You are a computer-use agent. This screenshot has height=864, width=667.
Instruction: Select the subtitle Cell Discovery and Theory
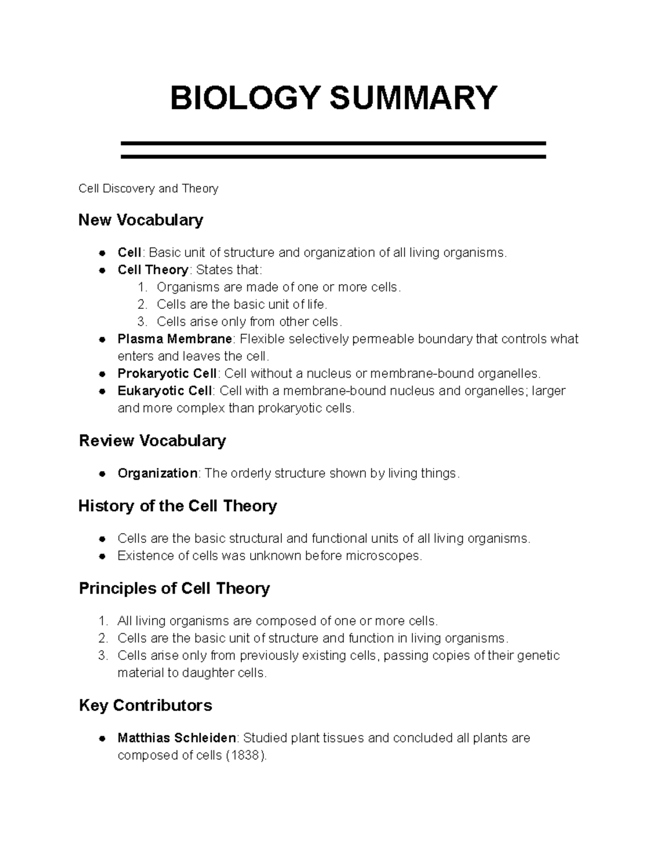point(148,189)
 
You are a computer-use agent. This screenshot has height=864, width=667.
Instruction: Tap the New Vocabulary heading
point(141,220)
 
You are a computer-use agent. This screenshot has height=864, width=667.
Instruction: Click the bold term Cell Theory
point(153,270)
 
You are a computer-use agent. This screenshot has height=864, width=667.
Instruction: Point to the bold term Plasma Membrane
point(175,339)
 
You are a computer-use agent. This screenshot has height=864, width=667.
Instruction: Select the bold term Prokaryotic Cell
point(167,373)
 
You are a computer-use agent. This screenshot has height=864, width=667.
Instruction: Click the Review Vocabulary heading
point(152,441)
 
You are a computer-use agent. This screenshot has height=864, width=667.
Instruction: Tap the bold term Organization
point(157,473)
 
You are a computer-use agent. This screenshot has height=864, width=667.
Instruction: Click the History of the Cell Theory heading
point(177,506)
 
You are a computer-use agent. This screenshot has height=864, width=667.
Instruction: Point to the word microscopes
point(383,556)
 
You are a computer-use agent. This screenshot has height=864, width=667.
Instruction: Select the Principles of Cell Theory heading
point(174,589)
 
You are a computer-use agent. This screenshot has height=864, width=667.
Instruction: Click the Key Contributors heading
point(145,706)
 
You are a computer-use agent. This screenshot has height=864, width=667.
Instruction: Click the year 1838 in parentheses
point(244,756)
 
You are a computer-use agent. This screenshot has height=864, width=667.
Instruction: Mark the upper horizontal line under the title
point(333,144)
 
